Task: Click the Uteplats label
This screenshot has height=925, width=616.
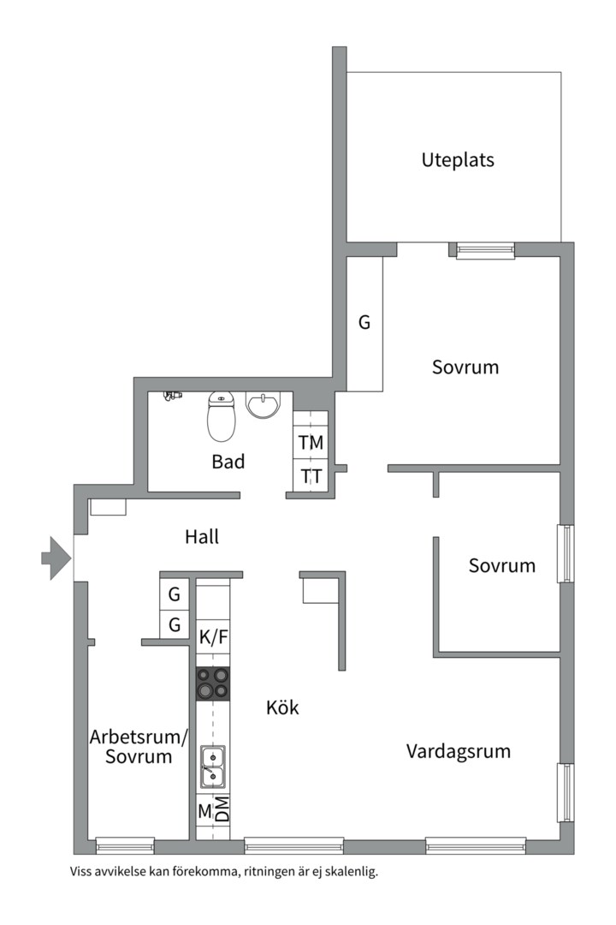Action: (458, 159)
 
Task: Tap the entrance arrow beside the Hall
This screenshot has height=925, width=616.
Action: (56, 558)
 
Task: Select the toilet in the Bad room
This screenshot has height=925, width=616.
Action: (222, 415)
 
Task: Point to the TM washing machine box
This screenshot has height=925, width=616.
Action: (311, 443)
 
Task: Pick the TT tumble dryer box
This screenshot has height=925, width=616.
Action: (311, 476)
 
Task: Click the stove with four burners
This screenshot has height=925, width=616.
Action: (213, 683)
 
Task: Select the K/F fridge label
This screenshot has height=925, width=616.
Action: (213, 636)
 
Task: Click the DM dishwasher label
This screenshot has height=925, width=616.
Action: (222, 809)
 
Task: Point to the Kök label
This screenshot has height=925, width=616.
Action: (282, 708)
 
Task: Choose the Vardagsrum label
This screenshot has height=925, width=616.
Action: (459, 752)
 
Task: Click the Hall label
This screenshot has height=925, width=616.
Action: (202, 537)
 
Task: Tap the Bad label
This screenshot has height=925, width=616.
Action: (228, 462)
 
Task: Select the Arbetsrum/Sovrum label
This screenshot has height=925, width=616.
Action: (139, 747)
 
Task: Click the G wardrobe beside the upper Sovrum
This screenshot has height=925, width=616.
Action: (364, 323)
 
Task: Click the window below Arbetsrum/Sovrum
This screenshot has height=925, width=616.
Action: (125, 846)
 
